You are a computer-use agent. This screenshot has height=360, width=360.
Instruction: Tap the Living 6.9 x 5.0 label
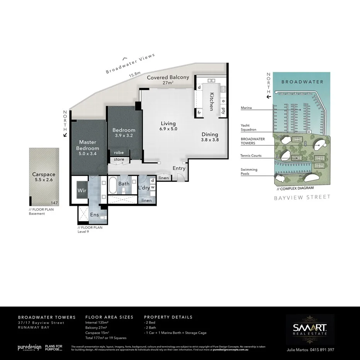pos(168,126)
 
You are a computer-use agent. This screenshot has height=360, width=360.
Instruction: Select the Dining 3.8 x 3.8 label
pos(210,137)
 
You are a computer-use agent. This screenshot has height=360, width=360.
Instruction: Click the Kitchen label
pos(212,102)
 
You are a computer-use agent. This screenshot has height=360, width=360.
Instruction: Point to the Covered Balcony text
pos(168,77)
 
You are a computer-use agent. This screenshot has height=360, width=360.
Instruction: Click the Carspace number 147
pos(54,203)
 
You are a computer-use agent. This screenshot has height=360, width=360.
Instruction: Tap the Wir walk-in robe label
pos(82,190)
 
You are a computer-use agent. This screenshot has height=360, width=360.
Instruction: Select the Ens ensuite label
pos(94,215)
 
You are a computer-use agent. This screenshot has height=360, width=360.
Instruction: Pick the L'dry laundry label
pos(144,188)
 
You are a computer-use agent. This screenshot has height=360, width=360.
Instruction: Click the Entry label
pos(179,168)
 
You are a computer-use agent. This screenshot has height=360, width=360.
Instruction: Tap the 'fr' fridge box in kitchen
pos(199,112)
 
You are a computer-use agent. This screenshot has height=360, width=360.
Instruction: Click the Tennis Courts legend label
pos(251,156)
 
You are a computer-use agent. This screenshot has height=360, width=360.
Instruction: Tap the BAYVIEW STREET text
pos(302,197)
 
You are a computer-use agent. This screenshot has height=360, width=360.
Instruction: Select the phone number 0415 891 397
pos(319,350)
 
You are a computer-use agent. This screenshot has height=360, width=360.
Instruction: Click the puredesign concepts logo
pos(29,348)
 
